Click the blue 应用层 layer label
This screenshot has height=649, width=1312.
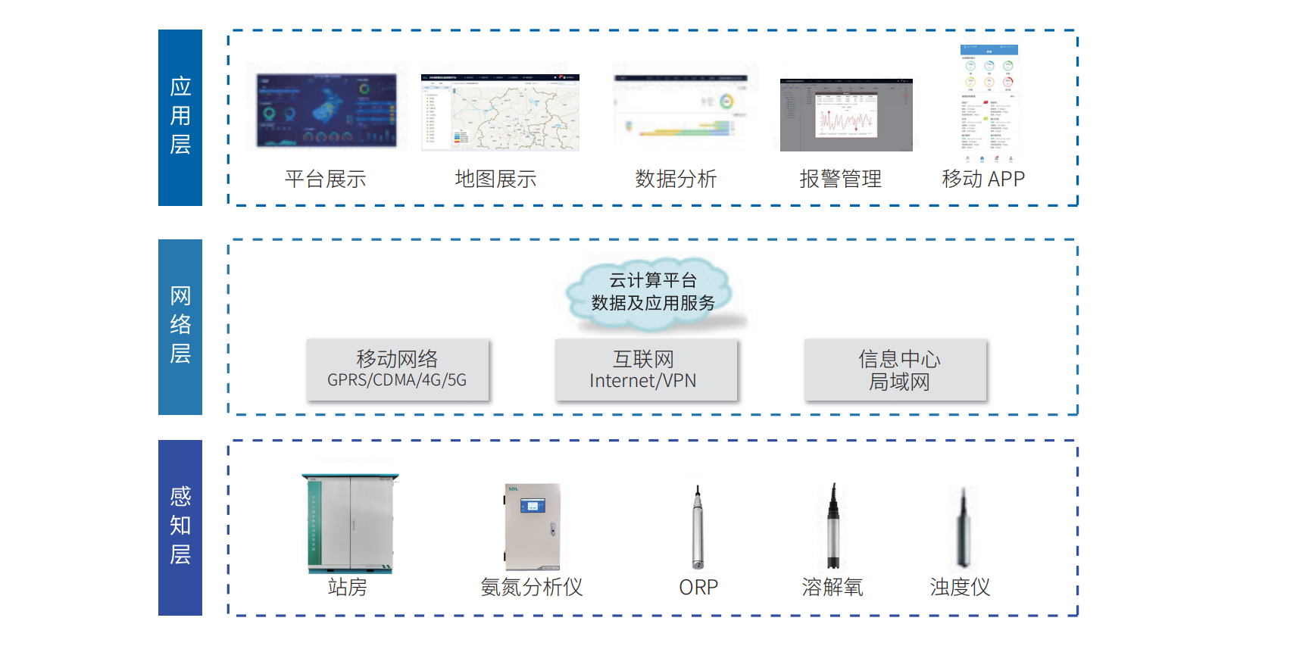coord(180,117)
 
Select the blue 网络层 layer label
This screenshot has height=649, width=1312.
coord(180,326)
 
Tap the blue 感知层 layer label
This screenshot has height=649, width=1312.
coord(180,527)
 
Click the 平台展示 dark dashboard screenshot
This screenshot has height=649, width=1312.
coord(326,110)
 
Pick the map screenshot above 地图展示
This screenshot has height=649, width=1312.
coord(500,112)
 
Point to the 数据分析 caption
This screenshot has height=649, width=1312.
coord(676,179)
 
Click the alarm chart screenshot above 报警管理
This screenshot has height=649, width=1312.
coord(846,115)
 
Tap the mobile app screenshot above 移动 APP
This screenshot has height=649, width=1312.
coord(989,105)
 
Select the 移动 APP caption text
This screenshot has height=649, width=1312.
coord(982,179)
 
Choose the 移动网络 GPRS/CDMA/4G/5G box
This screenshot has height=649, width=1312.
coord(397,369)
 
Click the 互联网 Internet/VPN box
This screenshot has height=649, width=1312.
coord(645,369)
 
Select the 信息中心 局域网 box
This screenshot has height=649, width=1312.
coord(895,369)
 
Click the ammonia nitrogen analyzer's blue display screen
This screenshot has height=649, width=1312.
coord(533,505)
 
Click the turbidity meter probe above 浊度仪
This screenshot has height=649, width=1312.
coord(963,529)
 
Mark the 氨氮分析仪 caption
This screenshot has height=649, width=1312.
coord(532,588)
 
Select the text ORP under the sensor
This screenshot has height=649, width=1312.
coord(698,588)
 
